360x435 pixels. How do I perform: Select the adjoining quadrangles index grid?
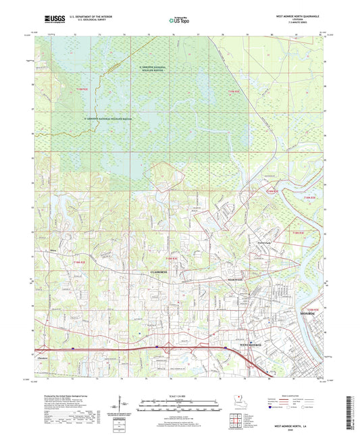[234, 417]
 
